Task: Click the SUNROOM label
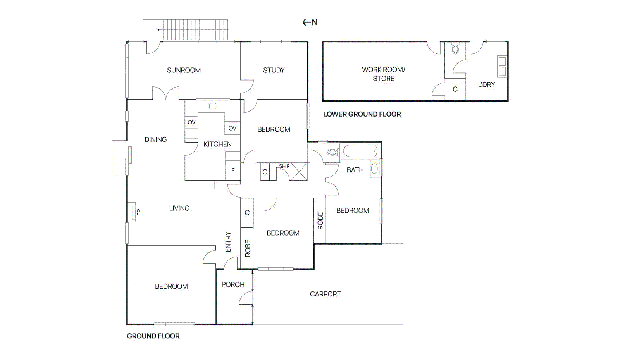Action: tap(184, 70)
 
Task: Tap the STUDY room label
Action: tap(274, 70)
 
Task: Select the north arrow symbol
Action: tap(310, 22)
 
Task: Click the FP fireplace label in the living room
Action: tap(139, 212)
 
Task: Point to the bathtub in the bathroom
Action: tap(360, 151)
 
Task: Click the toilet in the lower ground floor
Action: tap(455, 48)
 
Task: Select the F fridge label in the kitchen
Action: tap(233, 170)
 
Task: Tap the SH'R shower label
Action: tap(284, 166)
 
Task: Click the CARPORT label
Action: tap(325, 294)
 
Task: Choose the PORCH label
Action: tap(233, 284)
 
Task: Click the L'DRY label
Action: tap(486, 85)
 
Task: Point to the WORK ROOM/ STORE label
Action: tap(383, 74)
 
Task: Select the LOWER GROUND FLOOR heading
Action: tap(362, 114)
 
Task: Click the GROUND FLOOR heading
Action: tap(153, 336)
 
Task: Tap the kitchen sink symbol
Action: tap(213, 106)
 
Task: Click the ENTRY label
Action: tap(228, 242)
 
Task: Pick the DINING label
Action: tap(155, 140)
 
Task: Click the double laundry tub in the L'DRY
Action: tap(502, 66)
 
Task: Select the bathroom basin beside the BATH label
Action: tap(374, 169)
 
